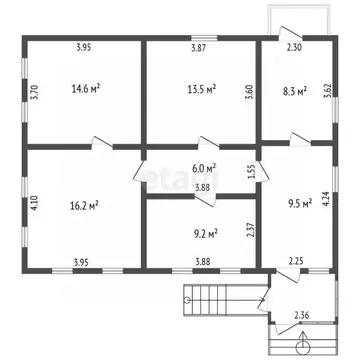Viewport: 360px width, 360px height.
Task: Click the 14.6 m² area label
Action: coord(86,89)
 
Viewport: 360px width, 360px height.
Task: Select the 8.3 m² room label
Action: coord(295,91)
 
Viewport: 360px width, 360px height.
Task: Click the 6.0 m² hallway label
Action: coord(204,167)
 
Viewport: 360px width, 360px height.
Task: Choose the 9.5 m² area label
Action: coord(300,203)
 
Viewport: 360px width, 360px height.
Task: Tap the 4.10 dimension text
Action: coord(34,202)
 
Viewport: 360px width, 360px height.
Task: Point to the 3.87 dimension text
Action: coord(199,48)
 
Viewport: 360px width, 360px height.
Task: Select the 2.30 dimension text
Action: coord(294,48)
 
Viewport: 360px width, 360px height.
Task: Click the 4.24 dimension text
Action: coord(326,199)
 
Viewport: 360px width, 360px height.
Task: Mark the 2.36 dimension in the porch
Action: coord(301,314)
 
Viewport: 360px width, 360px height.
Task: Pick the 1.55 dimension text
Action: coord(252,172)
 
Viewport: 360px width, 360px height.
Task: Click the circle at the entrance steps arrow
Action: coord(303,348)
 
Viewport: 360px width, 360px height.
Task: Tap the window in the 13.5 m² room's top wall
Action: coord(204,38)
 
